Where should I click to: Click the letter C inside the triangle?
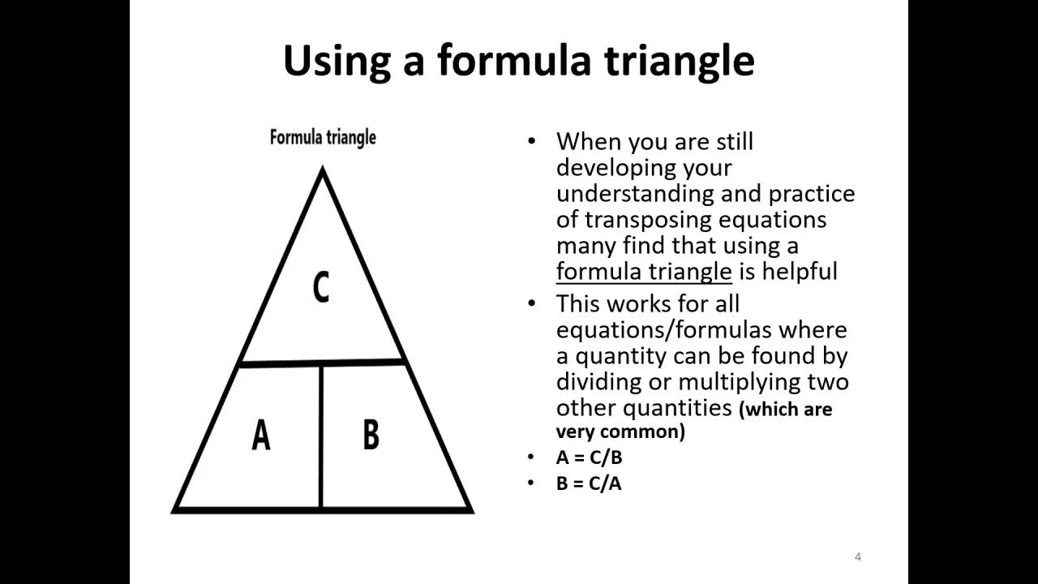point(321,288)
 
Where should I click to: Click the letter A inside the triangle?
point(260,436)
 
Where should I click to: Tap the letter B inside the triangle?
point(371,436)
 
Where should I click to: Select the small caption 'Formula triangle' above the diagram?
point(323,137)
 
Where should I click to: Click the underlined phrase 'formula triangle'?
point(644,271)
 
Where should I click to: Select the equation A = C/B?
point(590,457)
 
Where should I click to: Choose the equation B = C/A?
point(590,483)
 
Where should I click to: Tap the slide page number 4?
point(858,556)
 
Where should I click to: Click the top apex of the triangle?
point(323,170)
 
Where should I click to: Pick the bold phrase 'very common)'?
point(620,432)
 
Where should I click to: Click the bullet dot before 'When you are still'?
point(532,141)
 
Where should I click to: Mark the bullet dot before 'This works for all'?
point(532,303)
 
